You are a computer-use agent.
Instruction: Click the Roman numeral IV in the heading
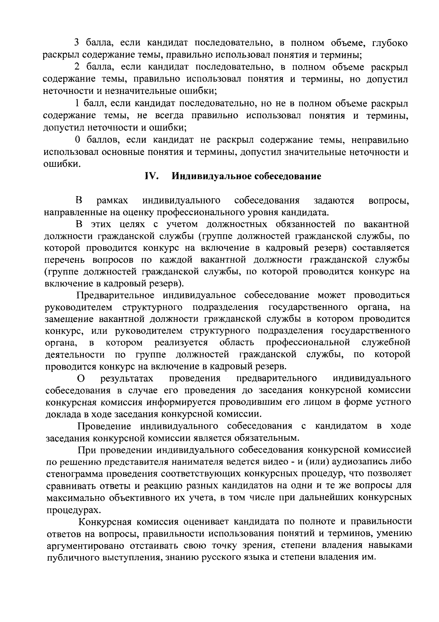click(x=151, y=176)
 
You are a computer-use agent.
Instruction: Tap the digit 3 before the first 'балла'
click(x=77, y=43)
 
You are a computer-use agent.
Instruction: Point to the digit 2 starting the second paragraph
click(x=77, y=67)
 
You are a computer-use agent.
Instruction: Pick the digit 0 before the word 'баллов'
click(x=77, y=140)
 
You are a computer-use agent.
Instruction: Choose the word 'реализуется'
click(x=181, y=343)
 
